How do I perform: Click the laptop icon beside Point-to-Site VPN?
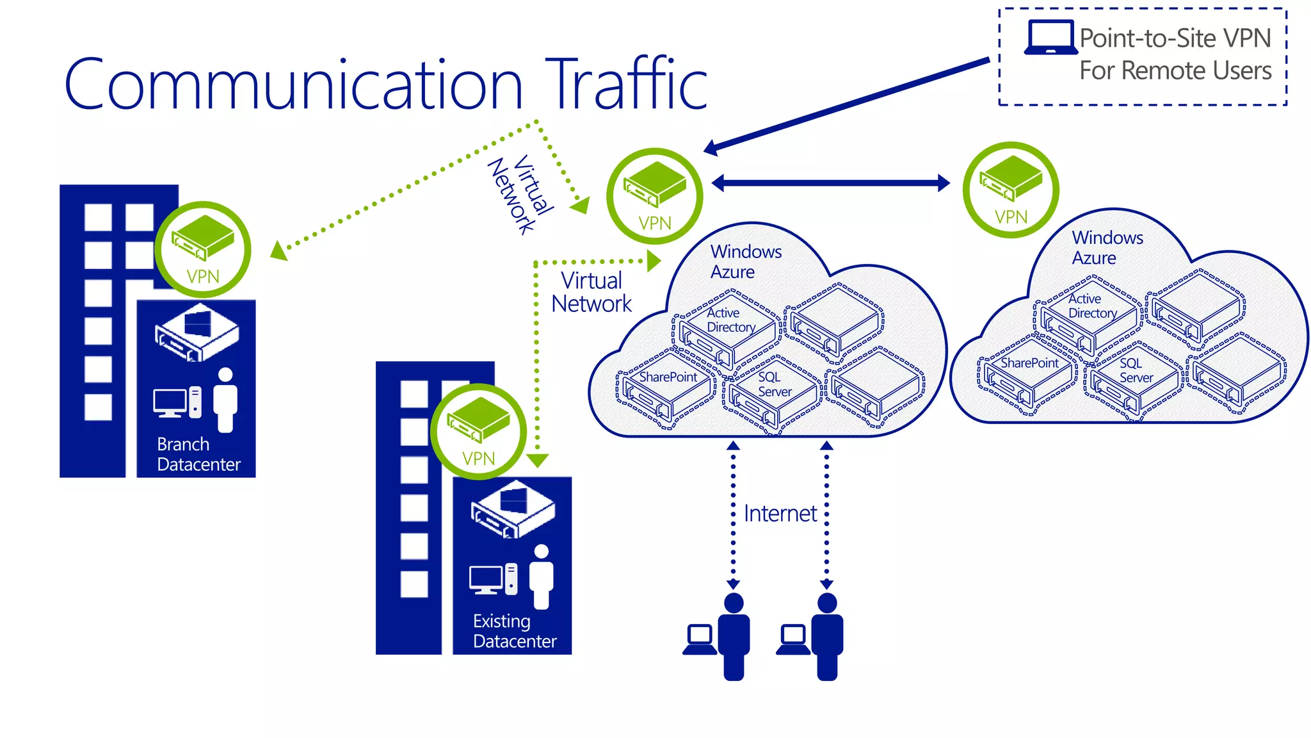(1050, 37)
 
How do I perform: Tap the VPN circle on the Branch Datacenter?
(203, 249)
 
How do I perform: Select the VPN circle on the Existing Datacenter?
(478, 431)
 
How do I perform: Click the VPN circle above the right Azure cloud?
(1011, 190)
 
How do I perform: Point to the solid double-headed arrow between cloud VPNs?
(830, 183)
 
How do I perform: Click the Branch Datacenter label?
(198, 454)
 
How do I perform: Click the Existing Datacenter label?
(514, 631)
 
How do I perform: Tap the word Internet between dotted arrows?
(780, 514)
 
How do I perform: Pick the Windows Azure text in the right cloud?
(1106, 248)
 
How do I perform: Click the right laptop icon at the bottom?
(792, 639)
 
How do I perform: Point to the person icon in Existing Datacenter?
(542, 576)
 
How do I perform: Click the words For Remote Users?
(1175, 70)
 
